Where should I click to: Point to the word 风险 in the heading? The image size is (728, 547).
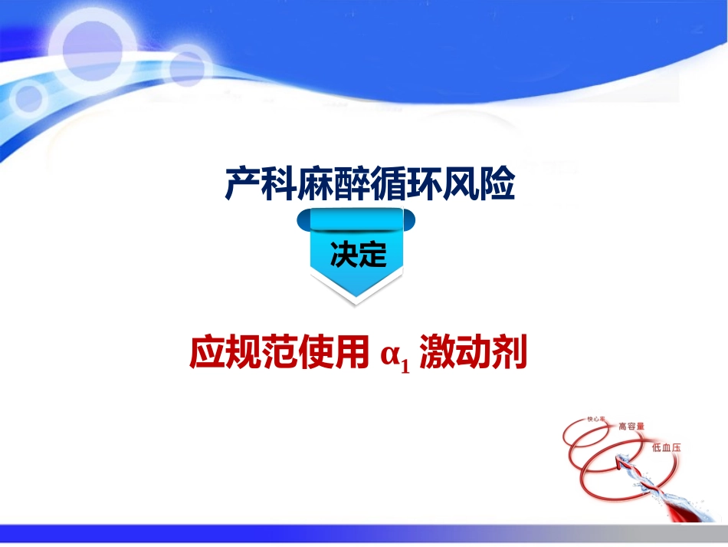(x=487, y=184)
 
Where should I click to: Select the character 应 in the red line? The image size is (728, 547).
(x=206, y=354)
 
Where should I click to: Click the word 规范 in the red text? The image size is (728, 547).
(x=265, y=354)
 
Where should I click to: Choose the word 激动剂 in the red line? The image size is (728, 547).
(x=474, y=354)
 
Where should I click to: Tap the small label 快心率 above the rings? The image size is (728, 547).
(x=596, y=420)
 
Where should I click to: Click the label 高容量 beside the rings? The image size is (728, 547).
(x=631, y=426)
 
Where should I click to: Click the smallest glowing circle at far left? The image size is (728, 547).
(x=28, y=98)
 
